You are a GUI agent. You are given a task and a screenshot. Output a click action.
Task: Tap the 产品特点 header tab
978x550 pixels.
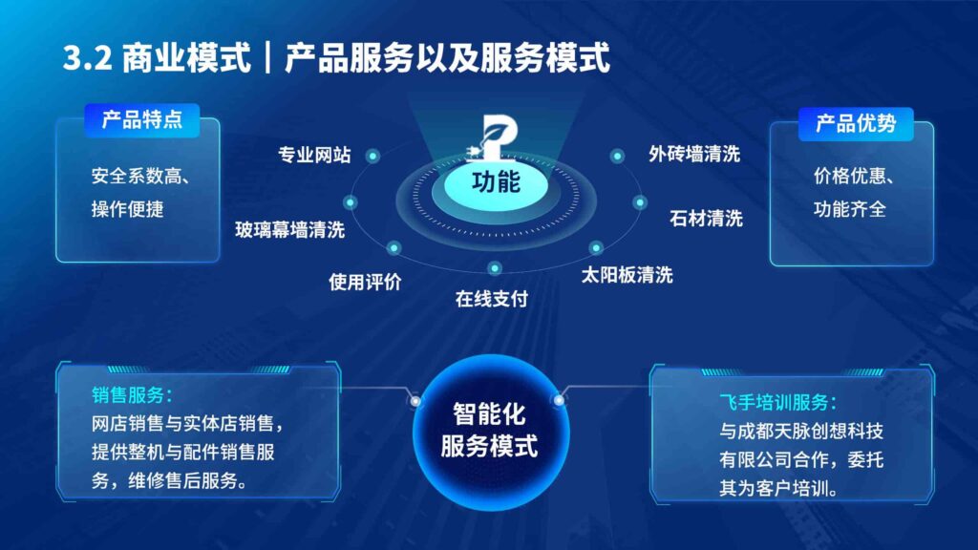[142, 120]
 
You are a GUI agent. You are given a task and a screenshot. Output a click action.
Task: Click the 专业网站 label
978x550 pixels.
[314, 155]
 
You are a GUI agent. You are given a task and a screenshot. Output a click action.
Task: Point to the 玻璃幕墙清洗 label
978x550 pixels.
[290, 229]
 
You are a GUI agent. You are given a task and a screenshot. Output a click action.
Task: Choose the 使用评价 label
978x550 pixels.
[365, 282]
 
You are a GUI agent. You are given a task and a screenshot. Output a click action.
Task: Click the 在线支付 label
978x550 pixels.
[492, 299]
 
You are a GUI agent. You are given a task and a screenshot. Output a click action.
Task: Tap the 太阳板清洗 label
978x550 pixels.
[627, 275]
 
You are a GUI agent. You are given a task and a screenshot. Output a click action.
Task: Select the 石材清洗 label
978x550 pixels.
[706, 218]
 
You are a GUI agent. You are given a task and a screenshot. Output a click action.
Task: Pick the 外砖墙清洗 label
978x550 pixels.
[694, 154]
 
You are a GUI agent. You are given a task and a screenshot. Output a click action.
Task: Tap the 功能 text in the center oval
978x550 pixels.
[496, 180]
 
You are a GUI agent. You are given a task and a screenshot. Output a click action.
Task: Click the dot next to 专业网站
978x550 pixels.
[372, 156]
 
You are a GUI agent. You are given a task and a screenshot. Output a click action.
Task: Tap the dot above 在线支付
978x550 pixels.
[494, 268]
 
